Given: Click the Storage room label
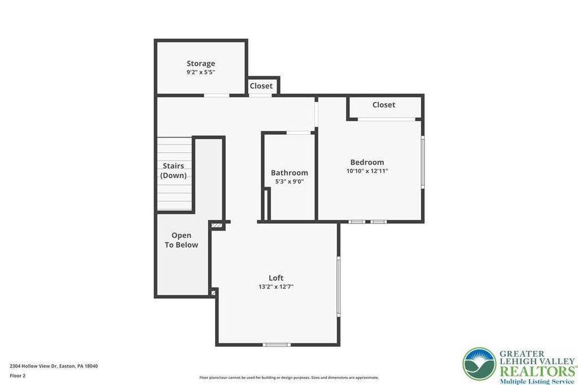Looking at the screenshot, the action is tap(200, 64).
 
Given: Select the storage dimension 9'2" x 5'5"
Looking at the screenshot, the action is tap(200, 73).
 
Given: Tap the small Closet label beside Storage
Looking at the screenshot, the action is tap(261, 86).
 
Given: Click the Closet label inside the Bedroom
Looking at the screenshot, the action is tap(384, 105).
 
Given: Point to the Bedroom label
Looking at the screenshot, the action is tap(367, 162).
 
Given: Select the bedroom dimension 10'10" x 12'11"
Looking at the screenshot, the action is tap(367, 171).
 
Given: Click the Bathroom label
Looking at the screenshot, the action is tap(290, 172).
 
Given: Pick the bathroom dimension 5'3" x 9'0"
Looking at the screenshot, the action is tap(290, 182).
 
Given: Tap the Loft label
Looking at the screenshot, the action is tap(275, 278).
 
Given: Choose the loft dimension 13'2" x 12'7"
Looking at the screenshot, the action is tap(275, 287).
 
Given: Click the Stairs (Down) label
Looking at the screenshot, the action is tap(173, 171).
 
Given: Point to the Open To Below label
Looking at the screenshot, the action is tap(181, 240).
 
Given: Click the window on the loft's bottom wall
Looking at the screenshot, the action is tap(277, 345).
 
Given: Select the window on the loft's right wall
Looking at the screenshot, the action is tap(339, 287).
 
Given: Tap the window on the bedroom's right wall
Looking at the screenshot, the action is tap(423, 162).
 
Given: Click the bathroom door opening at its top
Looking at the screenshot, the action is tap(299, 132).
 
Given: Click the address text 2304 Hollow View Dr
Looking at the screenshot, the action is tap(33, 366).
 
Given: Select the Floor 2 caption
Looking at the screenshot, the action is tap(17, 376).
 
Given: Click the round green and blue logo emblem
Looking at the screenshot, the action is tap(479, 364).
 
